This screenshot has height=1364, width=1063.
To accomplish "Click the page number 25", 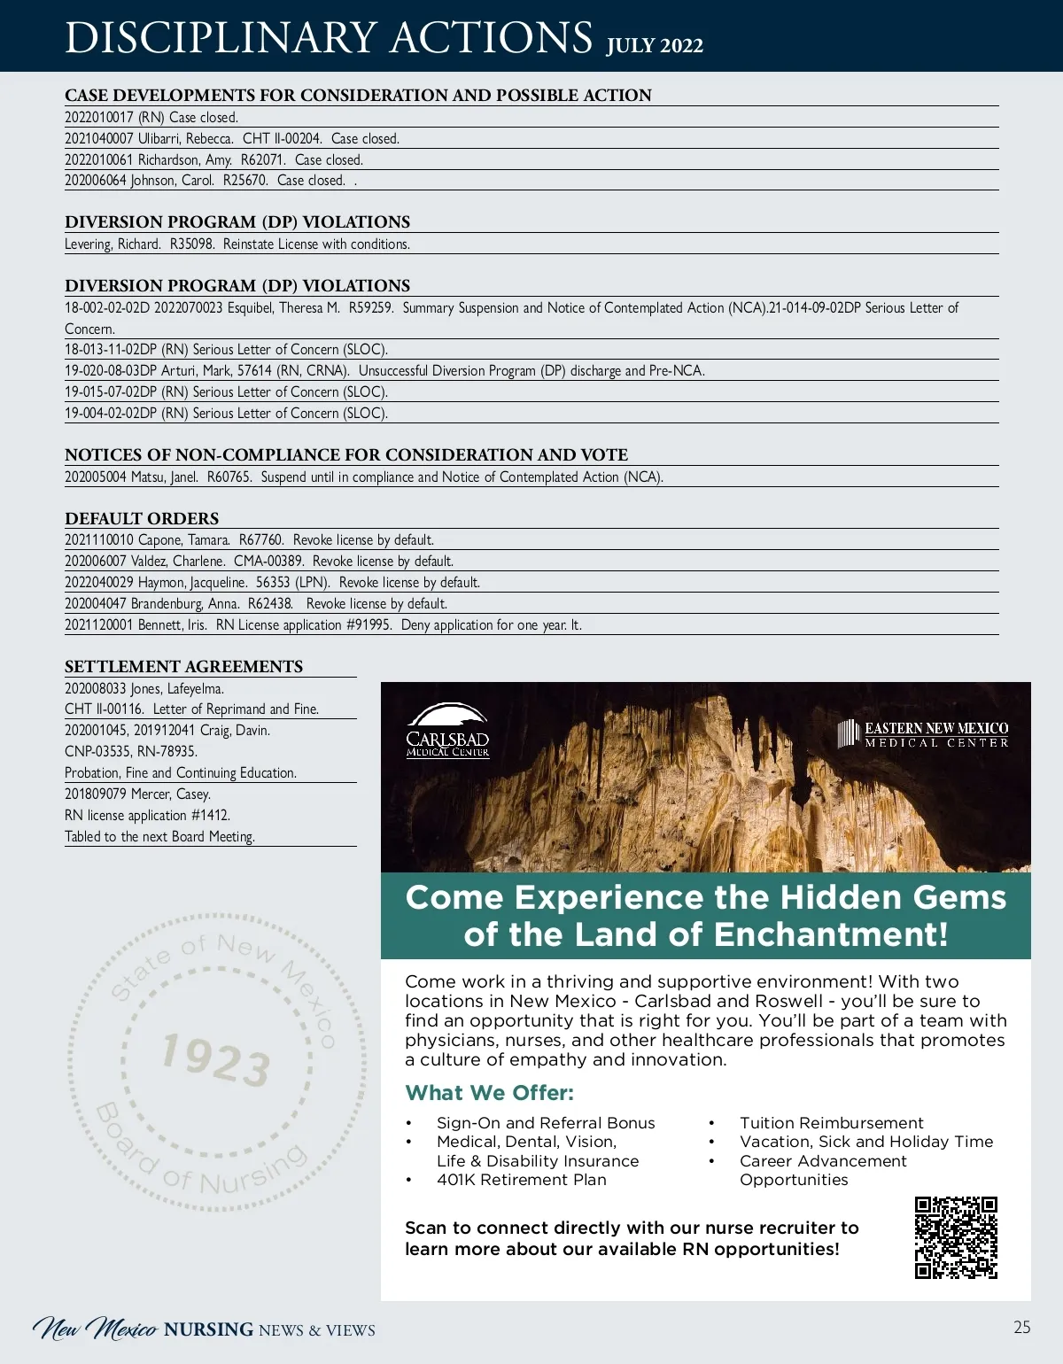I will pyautogui.click(x=1022, y=1327).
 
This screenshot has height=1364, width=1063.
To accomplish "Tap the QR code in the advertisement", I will pyautogui.click(x=956, y=1237).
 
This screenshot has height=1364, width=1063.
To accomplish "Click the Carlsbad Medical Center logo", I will pyautogui.click(x=447, y=732).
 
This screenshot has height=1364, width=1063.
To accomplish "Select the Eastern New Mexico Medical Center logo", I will pyautogui.click(x=923, y=734).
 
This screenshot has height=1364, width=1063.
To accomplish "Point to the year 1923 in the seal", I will pyautogui.click(x=216, y=1060).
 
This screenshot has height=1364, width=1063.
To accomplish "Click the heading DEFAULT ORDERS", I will pyautogui.click(x=142, y=519).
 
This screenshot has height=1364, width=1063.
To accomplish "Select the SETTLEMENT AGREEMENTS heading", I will pyautogui.click(x=183, y=667).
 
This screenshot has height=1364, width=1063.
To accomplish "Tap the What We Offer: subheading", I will pyautogui.click(x=489, y=1093).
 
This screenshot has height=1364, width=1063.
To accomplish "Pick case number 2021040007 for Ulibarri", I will pyautogui.click(x=98, y=139).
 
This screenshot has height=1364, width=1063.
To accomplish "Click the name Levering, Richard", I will pyautogui.click(x=113, y=244).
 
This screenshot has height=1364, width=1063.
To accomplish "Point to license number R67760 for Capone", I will pyautogui.click(x=261, y=540).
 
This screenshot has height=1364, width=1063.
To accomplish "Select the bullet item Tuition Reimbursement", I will pyautogui.click(x=831, y=1123).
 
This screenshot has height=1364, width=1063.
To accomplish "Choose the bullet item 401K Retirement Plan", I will pyautogui.click(x=521, y=1180).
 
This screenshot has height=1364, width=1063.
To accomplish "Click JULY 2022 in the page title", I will pyautogui.click(x=655, y=46).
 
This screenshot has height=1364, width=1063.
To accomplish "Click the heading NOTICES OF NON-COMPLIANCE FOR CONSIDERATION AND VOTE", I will pyautogui.click(x=346, y=455).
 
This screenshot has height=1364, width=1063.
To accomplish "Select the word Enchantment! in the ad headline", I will pyautogui.click(x=831, y=934).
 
